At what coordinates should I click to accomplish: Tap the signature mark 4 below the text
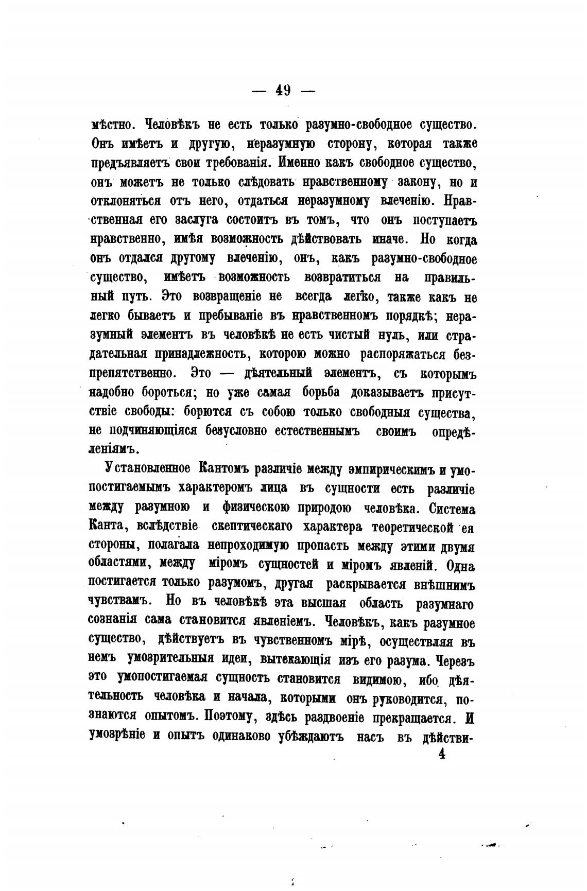tap(441, 754)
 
